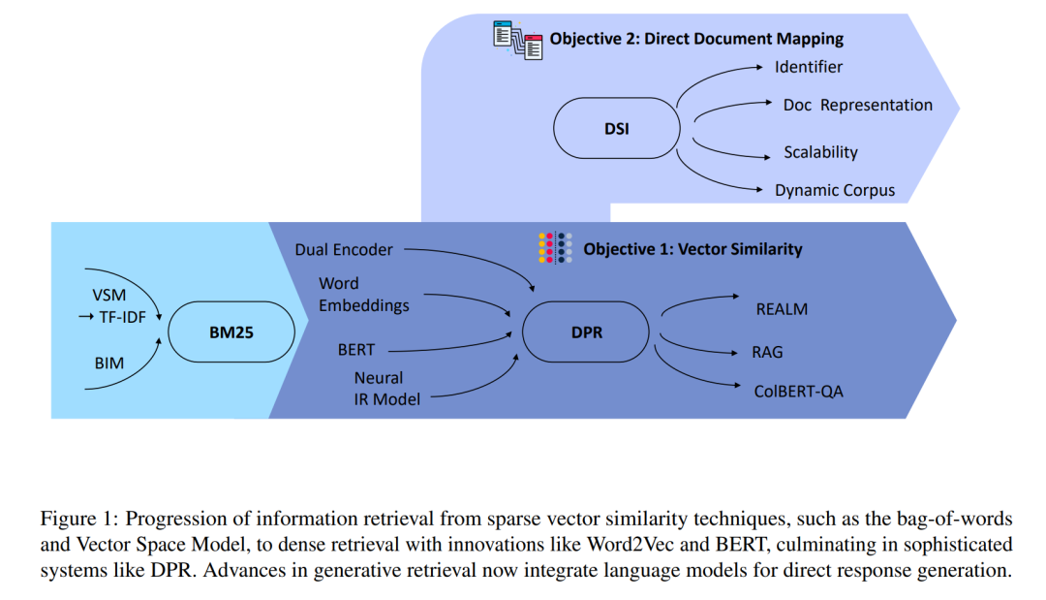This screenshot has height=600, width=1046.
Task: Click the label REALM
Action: pos(782,309)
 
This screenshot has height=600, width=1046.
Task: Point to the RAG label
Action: pos(767,352)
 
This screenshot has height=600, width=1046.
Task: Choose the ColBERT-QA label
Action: pos(798,391)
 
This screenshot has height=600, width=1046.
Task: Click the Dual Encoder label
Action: pos(344,250)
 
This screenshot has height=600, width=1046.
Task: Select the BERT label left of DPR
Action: pos(356,350)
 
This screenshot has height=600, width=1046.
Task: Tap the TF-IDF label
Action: pos(122,317)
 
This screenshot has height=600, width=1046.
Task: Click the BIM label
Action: pos(108,363)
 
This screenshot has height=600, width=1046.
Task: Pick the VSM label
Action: pos(108,295)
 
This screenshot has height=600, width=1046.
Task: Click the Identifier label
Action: pos(809,67)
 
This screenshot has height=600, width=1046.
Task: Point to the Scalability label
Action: pos(820,152)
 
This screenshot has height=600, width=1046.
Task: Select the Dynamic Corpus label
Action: pos(835,190)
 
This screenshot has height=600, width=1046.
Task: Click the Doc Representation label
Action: pos(858,105)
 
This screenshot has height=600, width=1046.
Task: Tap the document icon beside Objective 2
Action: pos(517,40)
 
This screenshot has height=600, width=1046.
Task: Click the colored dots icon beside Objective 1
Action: pos(555,248)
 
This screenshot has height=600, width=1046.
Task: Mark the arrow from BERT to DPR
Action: pos(450,345)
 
